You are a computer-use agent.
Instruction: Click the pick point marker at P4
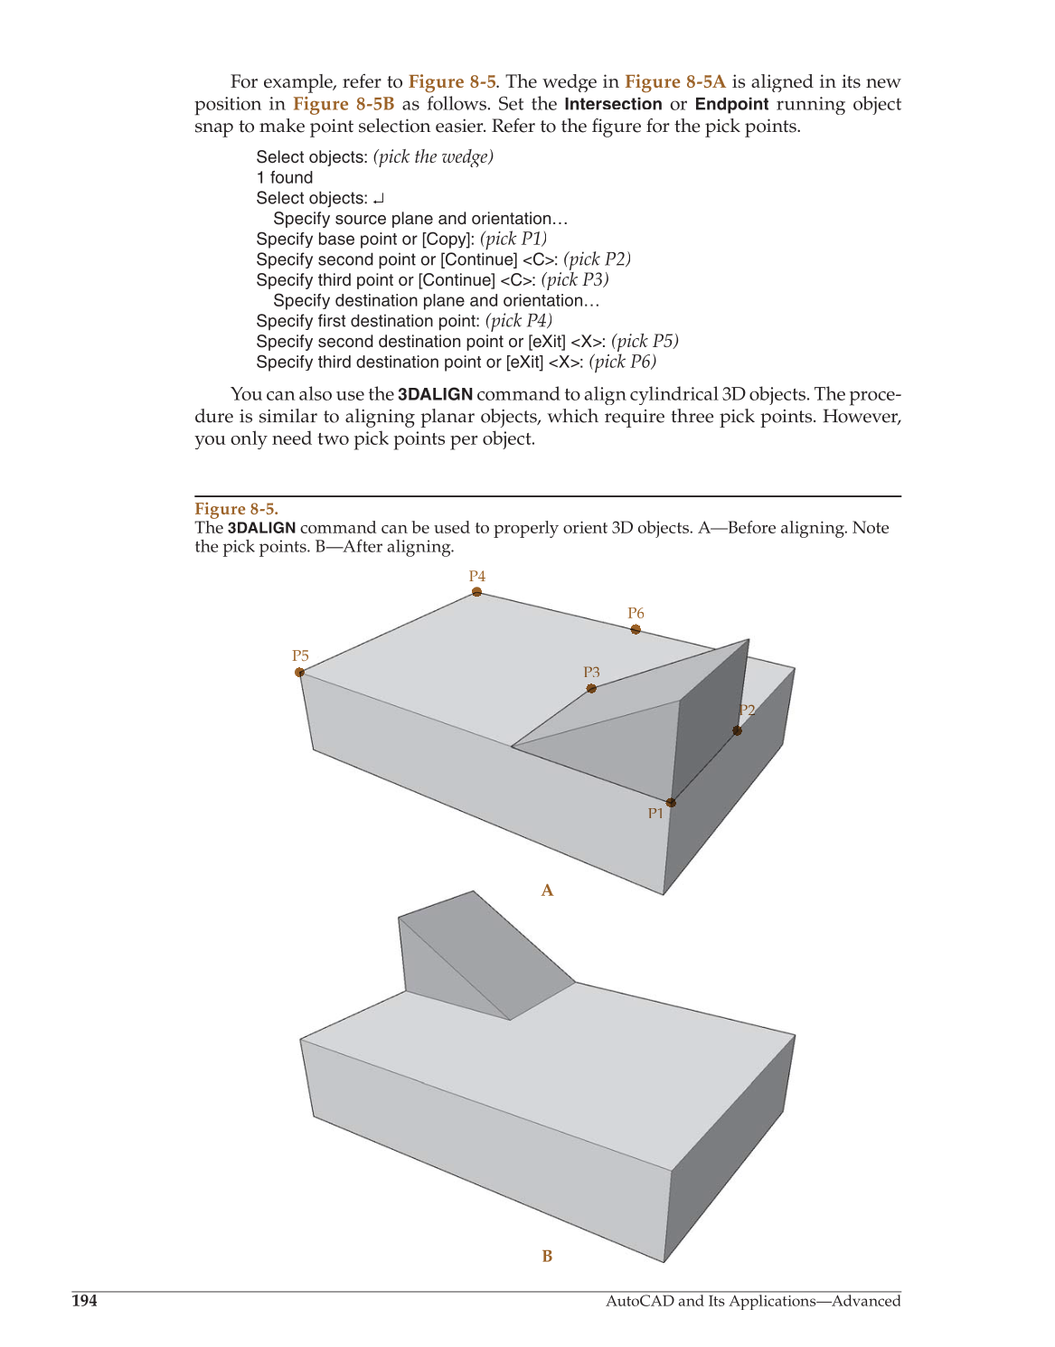tap(476, 592)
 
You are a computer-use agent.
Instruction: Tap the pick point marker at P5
tap(299, 672)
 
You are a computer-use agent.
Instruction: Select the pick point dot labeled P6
tap(636, 629)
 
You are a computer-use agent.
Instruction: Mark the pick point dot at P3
tap(591, 689)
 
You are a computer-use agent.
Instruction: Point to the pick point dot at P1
tap(671, 802)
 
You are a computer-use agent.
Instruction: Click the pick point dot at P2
tap(738, 730)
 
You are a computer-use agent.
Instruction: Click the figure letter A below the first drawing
tap(547, 890)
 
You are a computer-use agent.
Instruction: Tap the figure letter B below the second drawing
tap(547, 1256)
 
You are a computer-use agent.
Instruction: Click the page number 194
tap(84, 1301)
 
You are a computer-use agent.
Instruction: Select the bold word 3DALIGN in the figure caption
tap(261, 528)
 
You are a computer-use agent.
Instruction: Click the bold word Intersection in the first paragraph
tap(613, 104)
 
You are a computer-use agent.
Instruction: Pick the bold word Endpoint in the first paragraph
tap(731, 104)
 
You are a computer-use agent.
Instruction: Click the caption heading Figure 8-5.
tap(236, 509)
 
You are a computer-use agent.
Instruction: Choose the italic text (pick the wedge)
tap(433, 156)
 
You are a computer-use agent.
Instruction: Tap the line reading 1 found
tap(285, 177)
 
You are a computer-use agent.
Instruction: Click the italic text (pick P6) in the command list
tap(622, 362)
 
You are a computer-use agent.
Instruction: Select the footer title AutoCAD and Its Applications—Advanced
tap(752, 1301)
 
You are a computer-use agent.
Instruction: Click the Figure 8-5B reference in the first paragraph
tap(344, 104)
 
